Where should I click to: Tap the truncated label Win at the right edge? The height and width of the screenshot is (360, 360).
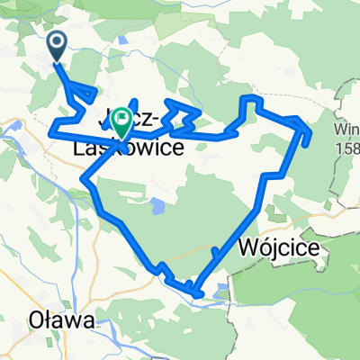coord(347,127)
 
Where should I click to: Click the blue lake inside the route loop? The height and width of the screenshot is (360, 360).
coord(157,204)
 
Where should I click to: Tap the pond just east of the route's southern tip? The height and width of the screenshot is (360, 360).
coord(222,289)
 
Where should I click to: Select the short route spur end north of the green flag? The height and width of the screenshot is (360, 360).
coord(135,99)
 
